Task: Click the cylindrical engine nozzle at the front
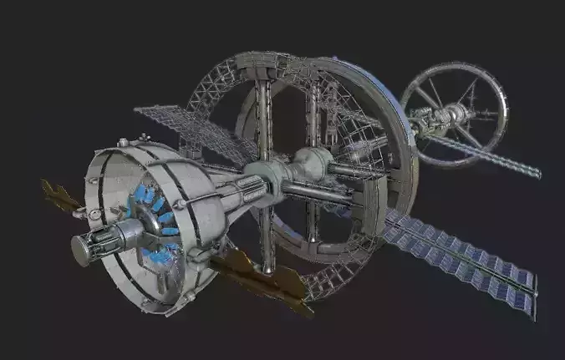94,245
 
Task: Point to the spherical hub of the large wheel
311,165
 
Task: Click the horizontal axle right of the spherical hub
355,171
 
